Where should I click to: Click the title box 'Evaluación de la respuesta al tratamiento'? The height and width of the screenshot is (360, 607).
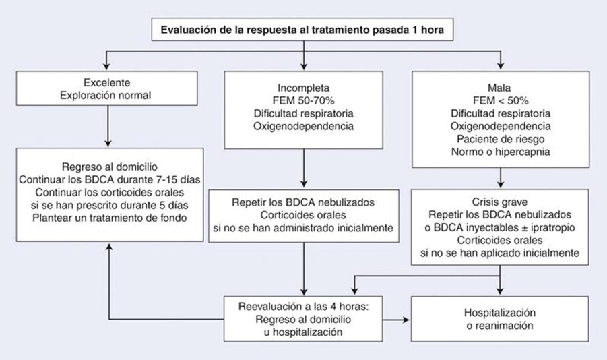[302, 30]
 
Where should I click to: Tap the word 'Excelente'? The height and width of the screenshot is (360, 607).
[107, 82]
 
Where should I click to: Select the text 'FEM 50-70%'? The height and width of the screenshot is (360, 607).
[303, 100]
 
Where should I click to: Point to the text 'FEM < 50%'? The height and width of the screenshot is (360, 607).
[501, 100]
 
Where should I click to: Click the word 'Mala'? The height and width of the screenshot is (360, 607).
[499, 88]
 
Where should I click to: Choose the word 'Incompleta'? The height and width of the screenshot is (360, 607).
[303, 88]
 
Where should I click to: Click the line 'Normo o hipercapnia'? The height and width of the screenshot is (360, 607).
[501, 152]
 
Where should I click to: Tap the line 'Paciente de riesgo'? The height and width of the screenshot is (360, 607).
[501, 139]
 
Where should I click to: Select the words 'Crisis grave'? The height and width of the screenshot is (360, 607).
[500, 202]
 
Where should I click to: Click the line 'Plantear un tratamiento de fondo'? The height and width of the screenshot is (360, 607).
[110, 218]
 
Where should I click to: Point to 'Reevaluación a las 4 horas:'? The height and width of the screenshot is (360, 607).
[303, 307]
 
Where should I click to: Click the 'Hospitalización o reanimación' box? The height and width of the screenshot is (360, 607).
[500, 319]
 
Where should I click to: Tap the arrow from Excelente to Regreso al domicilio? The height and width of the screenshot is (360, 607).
[108, 126]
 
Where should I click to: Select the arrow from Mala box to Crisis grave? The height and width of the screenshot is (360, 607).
[501, 178]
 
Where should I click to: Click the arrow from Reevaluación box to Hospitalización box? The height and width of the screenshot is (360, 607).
[396, 320]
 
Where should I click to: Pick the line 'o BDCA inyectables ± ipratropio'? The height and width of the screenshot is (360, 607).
[500, 227]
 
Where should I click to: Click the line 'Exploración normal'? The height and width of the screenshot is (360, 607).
[105, 95]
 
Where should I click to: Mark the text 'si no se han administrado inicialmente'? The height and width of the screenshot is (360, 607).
[303, 228]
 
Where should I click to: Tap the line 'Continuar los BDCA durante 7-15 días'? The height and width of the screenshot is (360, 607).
[110, 179]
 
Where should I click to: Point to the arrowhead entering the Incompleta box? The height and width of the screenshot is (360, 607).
[304, 67]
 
